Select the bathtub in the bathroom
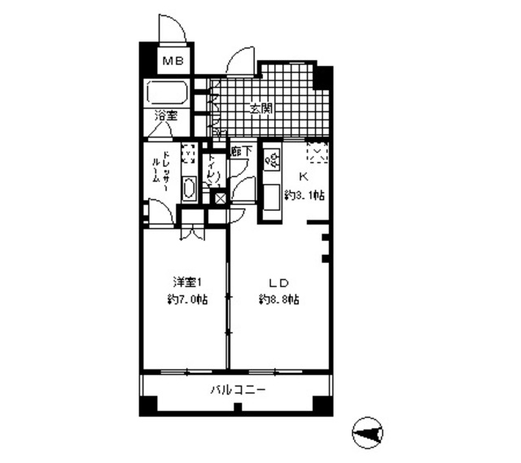pyautogui.click(x=169, y=92)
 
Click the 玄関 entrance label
pyautogui.click(x=260, y=108)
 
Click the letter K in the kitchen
pyautogui.click(x=304, y=176)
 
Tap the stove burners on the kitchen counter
pyautogui.click(x=270, y=163)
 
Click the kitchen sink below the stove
pyautogui.click(x=270, y=197)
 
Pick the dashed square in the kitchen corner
pyautogui.click(x=317, y=151)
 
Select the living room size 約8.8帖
pyautogui.click(x=278, y=299)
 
